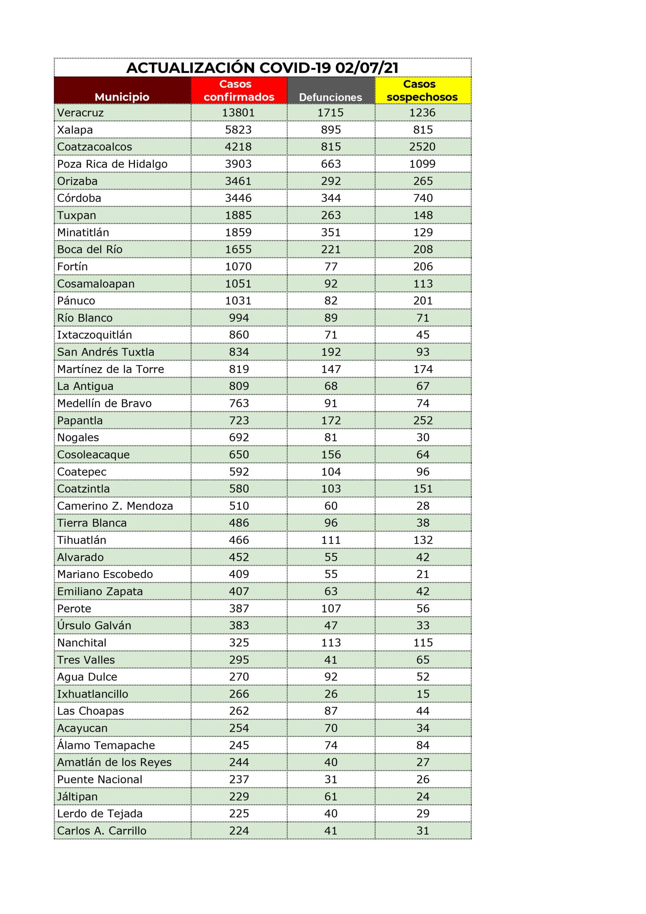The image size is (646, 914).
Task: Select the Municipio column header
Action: click(122, 97)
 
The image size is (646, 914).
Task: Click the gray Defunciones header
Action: click(331, 97)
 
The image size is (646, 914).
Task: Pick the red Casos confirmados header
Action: click(239, 90)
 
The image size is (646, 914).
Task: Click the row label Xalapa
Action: click(75, 130)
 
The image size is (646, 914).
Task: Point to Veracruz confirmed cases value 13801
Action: click(238, 113)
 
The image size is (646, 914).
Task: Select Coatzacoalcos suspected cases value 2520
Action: click(422, 147)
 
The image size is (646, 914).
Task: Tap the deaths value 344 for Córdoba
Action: click(331, 198)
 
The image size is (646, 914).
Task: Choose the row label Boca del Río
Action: click(90, 250)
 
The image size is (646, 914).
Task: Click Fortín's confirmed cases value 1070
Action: click(238, 267)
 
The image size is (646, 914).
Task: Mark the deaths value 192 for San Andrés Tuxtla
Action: click(331, 352)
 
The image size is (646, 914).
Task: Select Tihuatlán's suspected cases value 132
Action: click(422, 540)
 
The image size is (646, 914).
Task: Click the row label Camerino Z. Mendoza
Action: click(115, 506)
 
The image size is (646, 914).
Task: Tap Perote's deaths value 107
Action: click(331, 609)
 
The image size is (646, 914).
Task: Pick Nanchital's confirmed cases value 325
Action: click(239, 643)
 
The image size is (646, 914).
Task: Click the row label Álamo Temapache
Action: click(106, 745)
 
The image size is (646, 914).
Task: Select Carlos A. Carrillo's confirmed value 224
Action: click(239, 831)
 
